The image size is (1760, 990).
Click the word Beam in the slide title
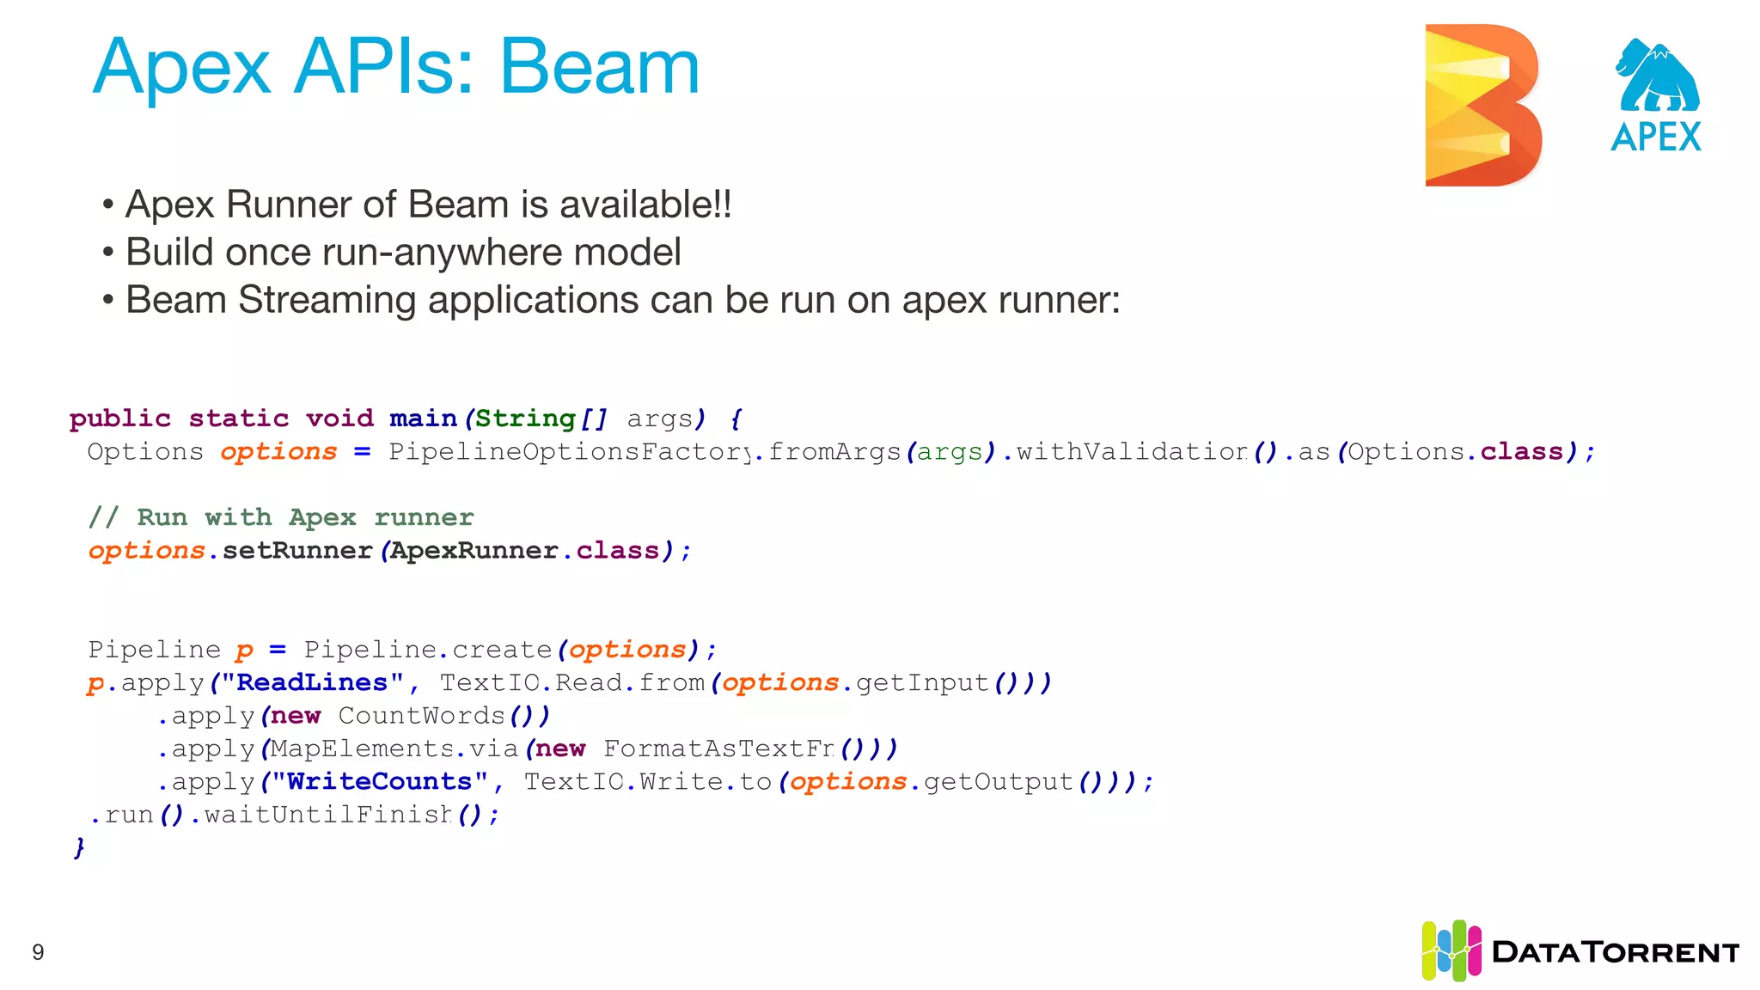pyautogui.click(x=600, y=67)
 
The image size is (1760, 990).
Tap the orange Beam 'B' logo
pyautogui.click(x=1482, y=105)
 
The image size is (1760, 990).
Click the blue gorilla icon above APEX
pyautogui.click(x=1658, y=76)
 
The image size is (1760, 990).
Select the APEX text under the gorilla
pyautogui.click(x=1656, y=137)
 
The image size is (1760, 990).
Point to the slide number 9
pyautogui.click(x=38, y=952)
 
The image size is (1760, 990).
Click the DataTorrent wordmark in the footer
pyautogui.click(x=1616, y=952)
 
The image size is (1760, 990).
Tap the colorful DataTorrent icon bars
pyautogui.click(x=1451, y=950)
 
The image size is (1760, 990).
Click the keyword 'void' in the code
pyautogui.click(x=339, y=419)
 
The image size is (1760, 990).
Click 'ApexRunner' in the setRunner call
pyautogui.click(x=474, y=551)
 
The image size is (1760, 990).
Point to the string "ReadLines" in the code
pyautogui.click(x=312, y=683)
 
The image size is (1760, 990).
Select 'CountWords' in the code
pyautogui.click(x=421, y=716)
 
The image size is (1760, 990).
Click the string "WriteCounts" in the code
pyautogui.click(x=379, y=782)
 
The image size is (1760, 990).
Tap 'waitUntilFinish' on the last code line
pyautogui.click(x=327, y=815)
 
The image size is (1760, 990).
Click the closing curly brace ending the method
pyautogui.click(x=79, y=848)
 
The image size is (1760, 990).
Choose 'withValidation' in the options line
pyautogui.click(x=1132, y=452)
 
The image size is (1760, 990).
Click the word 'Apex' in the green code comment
pyautogui.click(x=322, y=517)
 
